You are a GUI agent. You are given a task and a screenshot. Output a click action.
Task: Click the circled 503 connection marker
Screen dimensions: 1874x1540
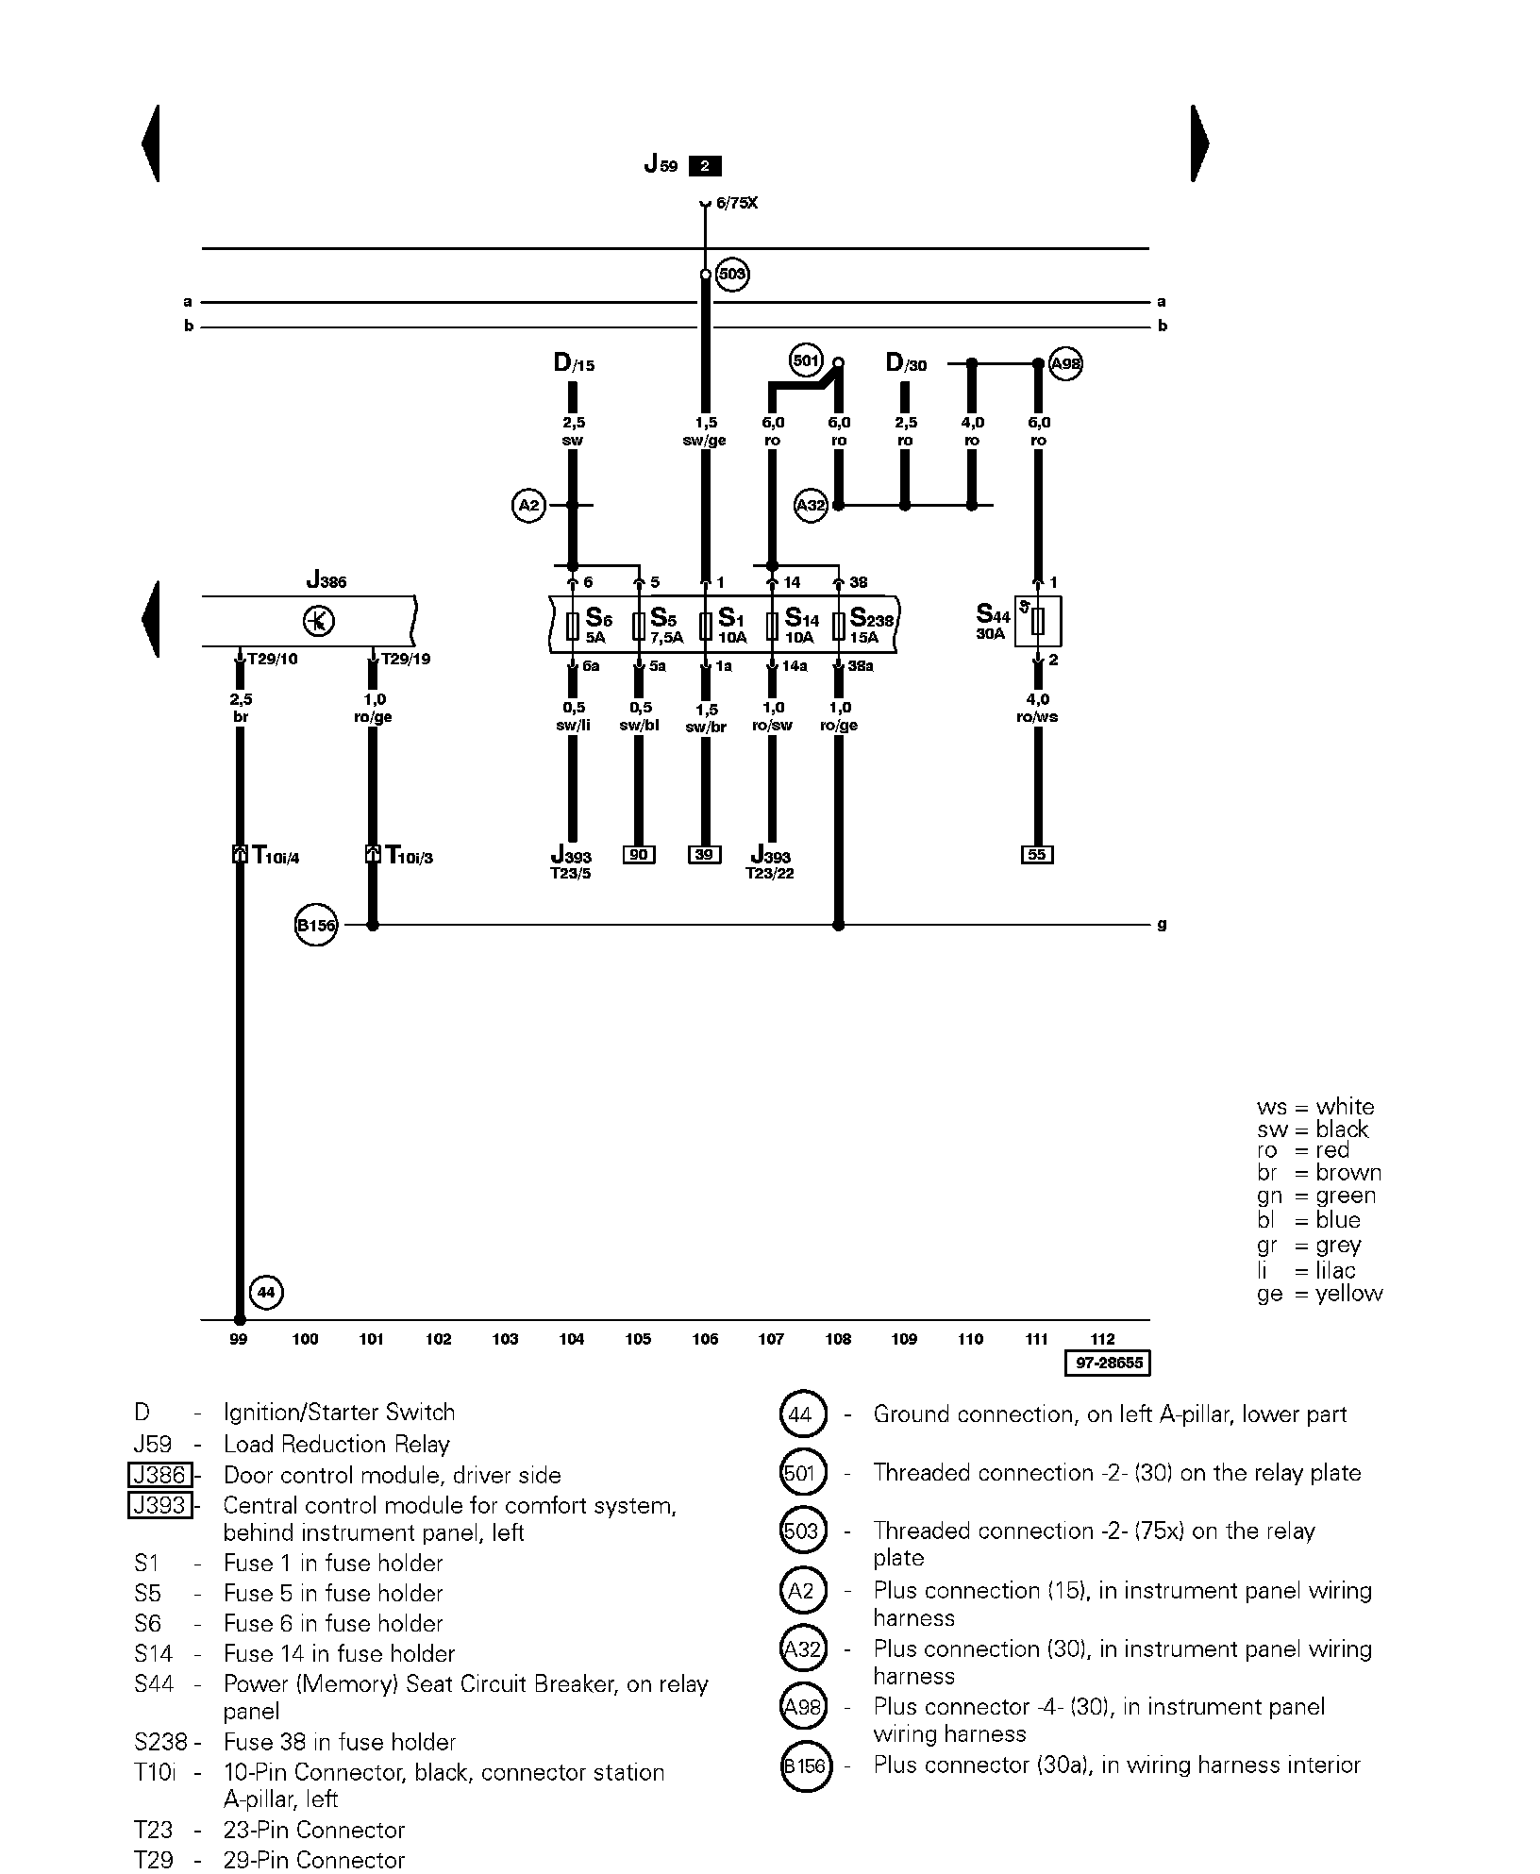pos(732,275)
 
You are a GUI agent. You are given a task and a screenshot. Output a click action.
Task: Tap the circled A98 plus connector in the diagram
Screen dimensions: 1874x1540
pos(1065,363)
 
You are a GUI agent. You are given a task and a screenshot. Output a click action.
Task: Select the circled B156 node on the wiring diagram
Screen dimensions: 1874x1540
pos(316,926)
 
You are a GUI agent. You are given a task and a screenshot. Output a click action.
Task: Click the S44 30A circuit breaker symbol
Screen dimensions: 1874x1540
pos(1038,621)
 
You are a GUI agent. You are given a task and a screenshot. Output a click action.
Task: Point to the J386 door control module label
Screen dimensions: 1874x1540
pos(326,581)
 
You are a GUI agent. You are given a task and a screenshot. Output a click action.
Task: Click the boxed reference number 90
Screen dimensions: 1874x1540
pos(639,855)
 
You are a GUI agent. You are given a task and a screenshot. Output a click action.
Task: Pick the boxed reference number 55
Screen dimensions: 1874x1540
pos(1037,855)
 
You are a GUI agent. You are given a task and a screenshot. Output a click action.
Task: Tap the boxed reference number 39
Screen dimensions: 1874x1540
pos(705,855)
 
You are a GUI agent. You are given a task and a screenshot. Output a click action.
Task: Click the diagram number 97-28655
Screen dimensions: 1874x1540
pos(1108,1364)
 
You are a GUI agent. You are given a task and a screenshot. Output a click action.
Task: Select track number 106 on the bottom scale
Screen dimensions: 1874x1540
pos(705,1339)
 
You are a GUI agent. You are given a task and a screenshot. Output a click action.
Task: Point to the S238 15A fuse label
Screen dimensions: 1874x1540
pos(871,626)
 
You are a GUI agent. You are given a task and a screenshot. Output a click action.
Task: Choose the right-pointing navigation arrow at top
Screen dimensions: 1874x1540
pos(1199,143)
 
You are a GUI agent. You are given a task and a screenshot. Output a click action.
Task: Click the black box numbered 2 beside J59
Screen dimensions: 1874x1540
pos(705,166)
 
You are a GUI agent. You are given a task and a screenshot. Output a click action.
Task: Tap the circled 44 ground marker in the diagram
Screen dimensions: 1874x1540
pos(266,1292)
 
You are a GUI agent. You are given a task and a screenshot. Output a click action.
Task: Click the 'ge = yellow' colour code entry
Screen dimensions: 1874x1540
pos(1319,1294)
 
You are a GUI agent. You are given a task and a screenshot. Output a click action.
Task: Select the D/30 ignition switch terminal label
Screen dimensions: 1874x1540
pos(906,363)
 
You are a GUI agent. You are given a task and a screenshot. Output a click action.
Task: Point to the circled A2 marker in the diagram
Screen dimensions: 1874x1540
pos(529,506)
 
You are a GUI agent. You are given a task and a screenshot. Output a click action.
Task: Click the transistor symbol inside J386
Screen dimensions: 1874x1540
pos(319,621)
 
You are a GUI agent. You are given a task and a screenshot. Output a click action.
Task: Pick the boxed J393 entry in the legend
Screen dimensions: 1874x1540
pos(159,1505)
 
